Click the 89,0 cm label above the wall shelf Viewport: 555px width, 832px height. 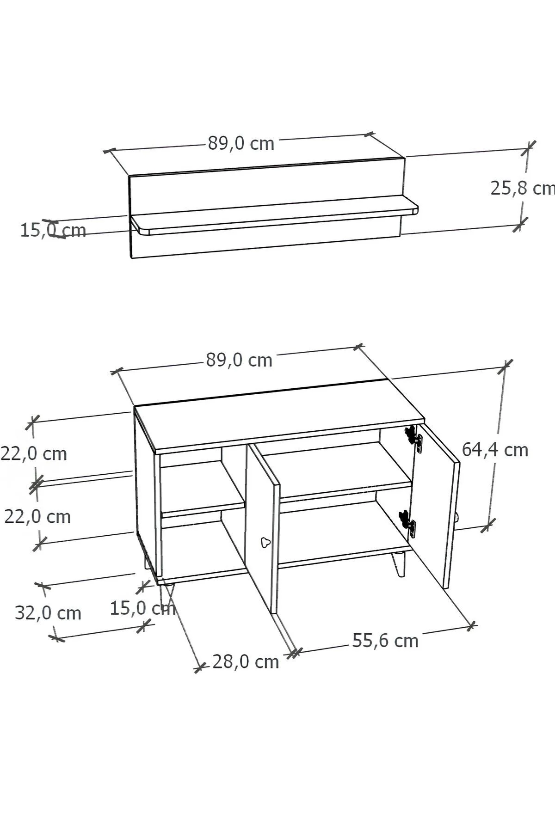241,144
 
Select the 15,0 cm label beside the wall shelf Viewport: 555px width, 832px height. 53,230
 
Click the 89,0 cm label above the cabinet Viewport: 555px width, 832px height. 239,360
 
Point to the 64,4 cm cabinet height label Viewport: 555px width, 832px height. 495,450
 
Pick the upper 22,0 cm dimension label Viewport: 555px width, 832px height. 34,454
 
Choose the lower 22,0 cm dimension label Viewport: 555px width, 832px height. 37,516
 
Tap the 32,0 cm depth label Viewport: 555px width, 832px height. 48,613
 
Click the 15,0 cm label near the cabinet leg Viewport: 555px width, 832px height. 142,608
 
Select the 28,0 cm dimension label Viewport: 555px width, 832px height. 246,662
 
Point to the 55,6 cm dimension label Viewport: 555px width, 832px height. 385,641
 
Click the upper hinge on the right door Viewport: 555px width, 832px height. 414,436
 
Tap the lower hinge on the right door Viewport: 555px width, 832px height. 407,523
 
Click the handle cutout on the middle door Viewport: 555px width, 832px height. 265,542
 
